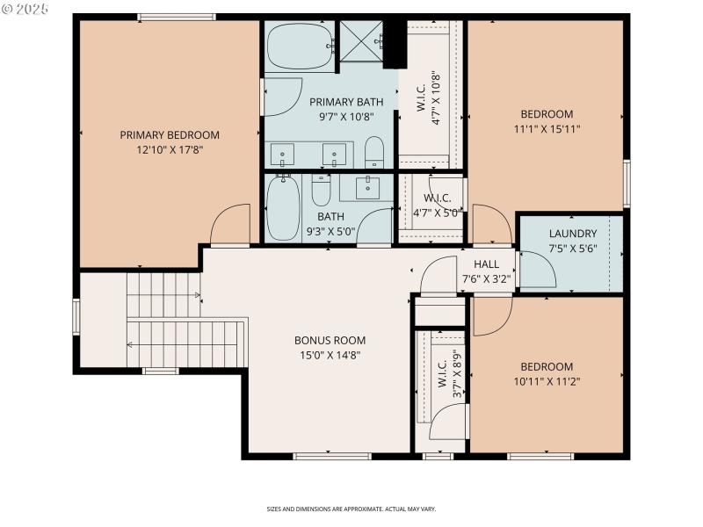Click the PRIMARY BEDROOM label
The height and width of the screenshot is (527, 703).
click(x=170, y=135)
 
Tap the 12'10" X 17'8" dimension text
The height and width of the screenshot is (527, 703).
click(x=170, y=149)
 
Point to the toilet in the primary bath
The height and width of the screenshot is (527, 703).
click(x=374, y=152)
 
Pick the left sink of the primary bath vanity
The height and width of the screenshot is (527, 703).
click(x=283, y=155)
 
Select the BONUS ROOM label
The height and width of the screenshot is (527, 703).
click(x=330, y=341)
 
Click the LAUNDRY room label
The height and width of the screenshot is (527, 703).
click(x=573, y=234)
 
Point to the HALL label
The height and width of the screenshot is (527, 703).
click(x=486, y=264)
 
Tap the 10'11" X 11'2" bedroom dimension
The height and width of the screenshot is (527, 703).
click(x=547, y=381)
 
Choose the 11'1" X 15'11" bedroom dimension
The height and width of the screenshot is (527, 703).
click(x=547, y=128)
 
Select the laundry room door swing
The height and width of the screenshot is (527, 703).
click(x=536, y=269)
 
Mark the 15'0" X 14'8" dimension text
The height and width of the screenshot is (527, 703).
click(x=330, y=355)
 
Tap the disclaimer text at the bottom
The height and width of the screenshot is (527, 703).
click(x=351, y=509)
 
